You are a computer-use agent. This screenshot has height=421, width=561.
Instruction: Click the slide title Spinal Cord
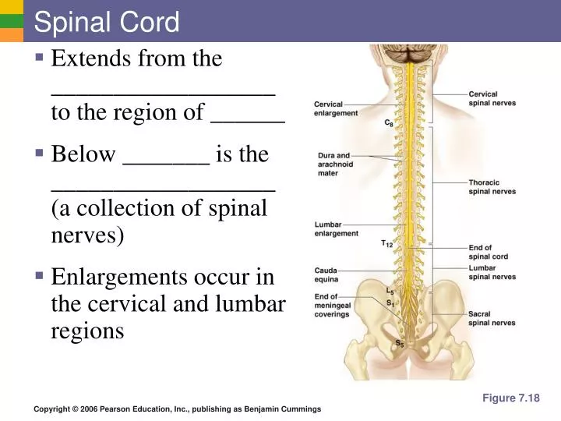[x=107, y=22]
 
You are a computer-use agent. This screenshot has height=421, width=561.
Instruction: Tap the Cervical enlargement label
[x=336, y=108]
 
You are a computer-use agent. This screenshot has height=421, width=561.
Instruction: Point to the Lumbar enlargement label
[x=336, y=228]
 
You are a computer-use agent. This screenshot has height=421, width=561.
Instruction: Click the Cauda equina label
[x=326, y=274]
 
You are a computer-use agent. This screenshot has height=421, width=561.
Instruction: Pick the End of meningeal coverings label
[x=332, y=306]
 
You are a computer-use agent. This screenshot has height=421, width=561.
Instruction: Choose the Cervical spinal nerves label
[x=492, y=99]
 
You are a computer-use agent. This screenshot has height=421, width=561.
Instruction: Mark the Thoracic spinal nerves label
[x=492, y=187]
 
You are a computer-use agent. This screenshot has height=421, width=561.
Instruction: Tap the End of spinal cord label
[x=489, y=252]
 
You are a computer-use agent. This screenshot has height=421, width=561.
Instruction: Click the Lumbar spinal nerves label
[x=492, y=272]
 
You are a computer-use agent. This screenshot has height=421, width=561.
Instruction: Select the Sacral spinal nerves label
[x=492, y=318]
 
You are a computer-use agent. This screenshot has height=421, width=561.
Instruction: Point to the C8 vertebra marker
[x=388, y=123]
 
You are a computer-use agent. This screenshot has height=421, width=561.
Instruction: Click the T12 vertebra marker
[x=386, y=243]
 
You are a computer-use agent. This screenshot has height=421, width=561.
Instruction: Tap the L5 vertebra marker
[x=390, y=291]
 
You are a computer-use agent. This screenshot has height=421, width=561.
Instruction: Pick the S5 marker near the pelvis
[x=399, y=343]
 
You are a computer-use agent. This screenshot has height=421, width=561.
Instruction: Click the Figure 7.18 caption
[x=510, y=398]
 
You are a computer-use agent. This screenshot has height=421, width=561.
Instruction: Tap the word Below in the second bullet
[x=83, y=154]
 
